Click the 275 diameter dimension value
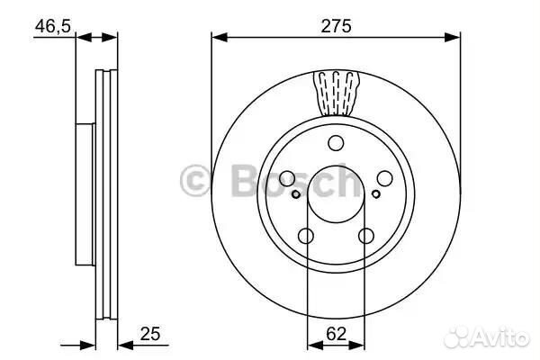tap(336, 26)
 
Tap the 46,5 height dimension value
tap(53, 26)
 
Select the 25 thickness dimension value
tap(150, 334)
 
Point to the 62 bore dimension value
tap(336, 334)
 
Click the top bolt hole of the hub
tap(336, 143)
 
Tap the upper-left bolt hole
tap(287, 178)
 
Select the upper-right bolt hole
tap(384, 178)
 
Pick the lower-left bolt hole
tap(306, 237)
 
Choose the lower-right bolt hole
tap(365, 237)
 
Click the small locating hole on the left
tap(296, 194)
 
